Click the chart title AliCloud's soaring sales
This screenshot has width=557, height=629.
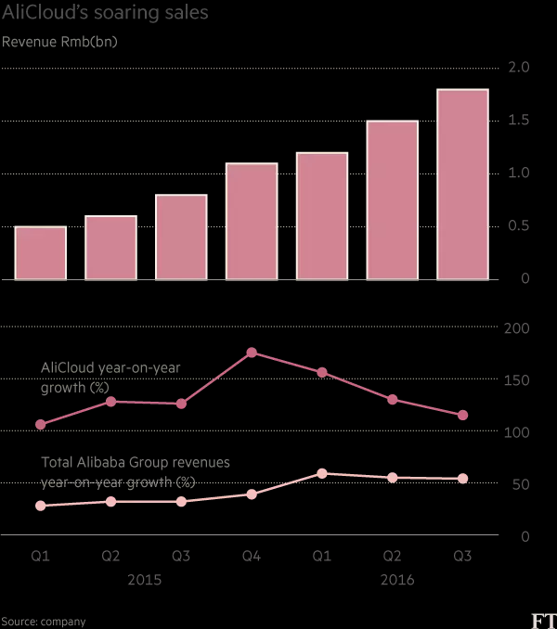point(105,14)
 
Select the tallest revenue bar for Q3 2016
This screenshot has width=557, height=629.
point(462,184)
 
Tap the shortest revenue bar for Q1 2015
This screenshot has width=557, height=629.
point(41,252)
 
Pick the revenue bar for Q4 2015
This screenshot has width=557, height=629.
point(252,221)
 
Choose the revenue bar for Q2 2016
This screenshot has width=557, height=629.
point(392,199)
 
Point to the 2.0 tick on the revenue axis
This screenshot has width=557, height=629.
point(518,68)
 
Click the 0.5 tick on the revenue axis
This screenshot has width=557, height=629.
point(518,226)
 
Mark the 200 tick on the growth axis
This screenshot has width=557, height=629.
point(515,329)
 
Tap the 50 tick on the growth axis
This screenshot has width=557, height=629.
point(519,485)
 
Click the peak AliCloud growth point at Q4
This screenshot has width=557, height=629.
point(252,353)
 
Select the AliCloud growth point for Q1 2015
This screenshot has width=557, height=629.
point(41,425)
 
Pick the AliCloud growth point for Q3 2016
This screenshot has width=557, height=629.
point(462,415)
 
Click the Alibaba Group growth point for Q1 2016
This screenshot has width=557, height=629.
point(322,473)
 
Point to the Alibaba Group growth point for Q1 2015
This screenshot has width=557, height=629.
point(41,506)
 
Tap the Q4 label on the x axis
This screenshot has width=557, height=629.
point(252,556)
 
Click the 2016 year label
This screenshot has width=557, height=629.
point(396,580)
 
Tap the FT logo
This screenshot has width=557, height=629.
point(538,620)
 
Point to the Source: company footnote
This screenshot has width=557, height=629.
point(44,622)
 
